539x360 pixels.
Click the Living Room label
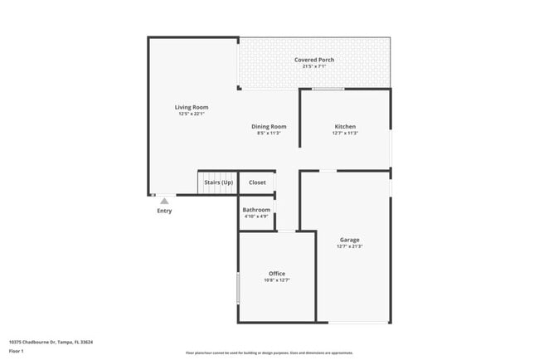(x=192, y=107)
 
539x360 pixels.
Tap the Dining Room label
(x=269, y=126)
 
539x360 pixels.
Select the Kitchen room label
(x=345, y=126)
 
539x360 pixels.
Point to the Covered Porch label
(x=314, y=60)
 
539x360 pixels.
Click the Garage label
(x=349, y=240)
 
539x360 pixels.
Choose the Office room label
(x=277, y=274)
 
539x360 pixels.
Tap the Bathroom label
(x=256, y=210)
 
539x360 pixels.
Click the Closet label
(x=257, y=182)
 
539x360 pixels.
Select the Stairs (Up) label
(x=218, y=182)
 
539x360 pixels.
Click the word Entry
(x=165, y=211)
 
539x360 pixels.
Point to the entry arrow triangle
(x=165, y=200)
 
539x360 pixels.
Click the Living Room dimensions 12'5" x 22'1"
(x=192, y=114)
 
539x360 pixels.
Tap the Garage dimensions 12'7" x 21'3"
(x=349, y=246)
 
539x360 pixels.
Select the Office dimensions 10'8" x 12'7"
(x=277, y=280)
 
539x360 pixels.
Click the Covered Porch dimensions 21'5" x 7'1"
(x=314, y=66)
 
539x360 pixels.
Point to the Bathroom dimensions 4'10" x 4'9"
(x=256, y=216)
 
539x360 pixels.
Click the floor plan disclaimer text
(x=269, y=353)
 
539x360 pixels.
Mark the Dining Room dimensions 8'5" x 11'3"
(x=269, y=133)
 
